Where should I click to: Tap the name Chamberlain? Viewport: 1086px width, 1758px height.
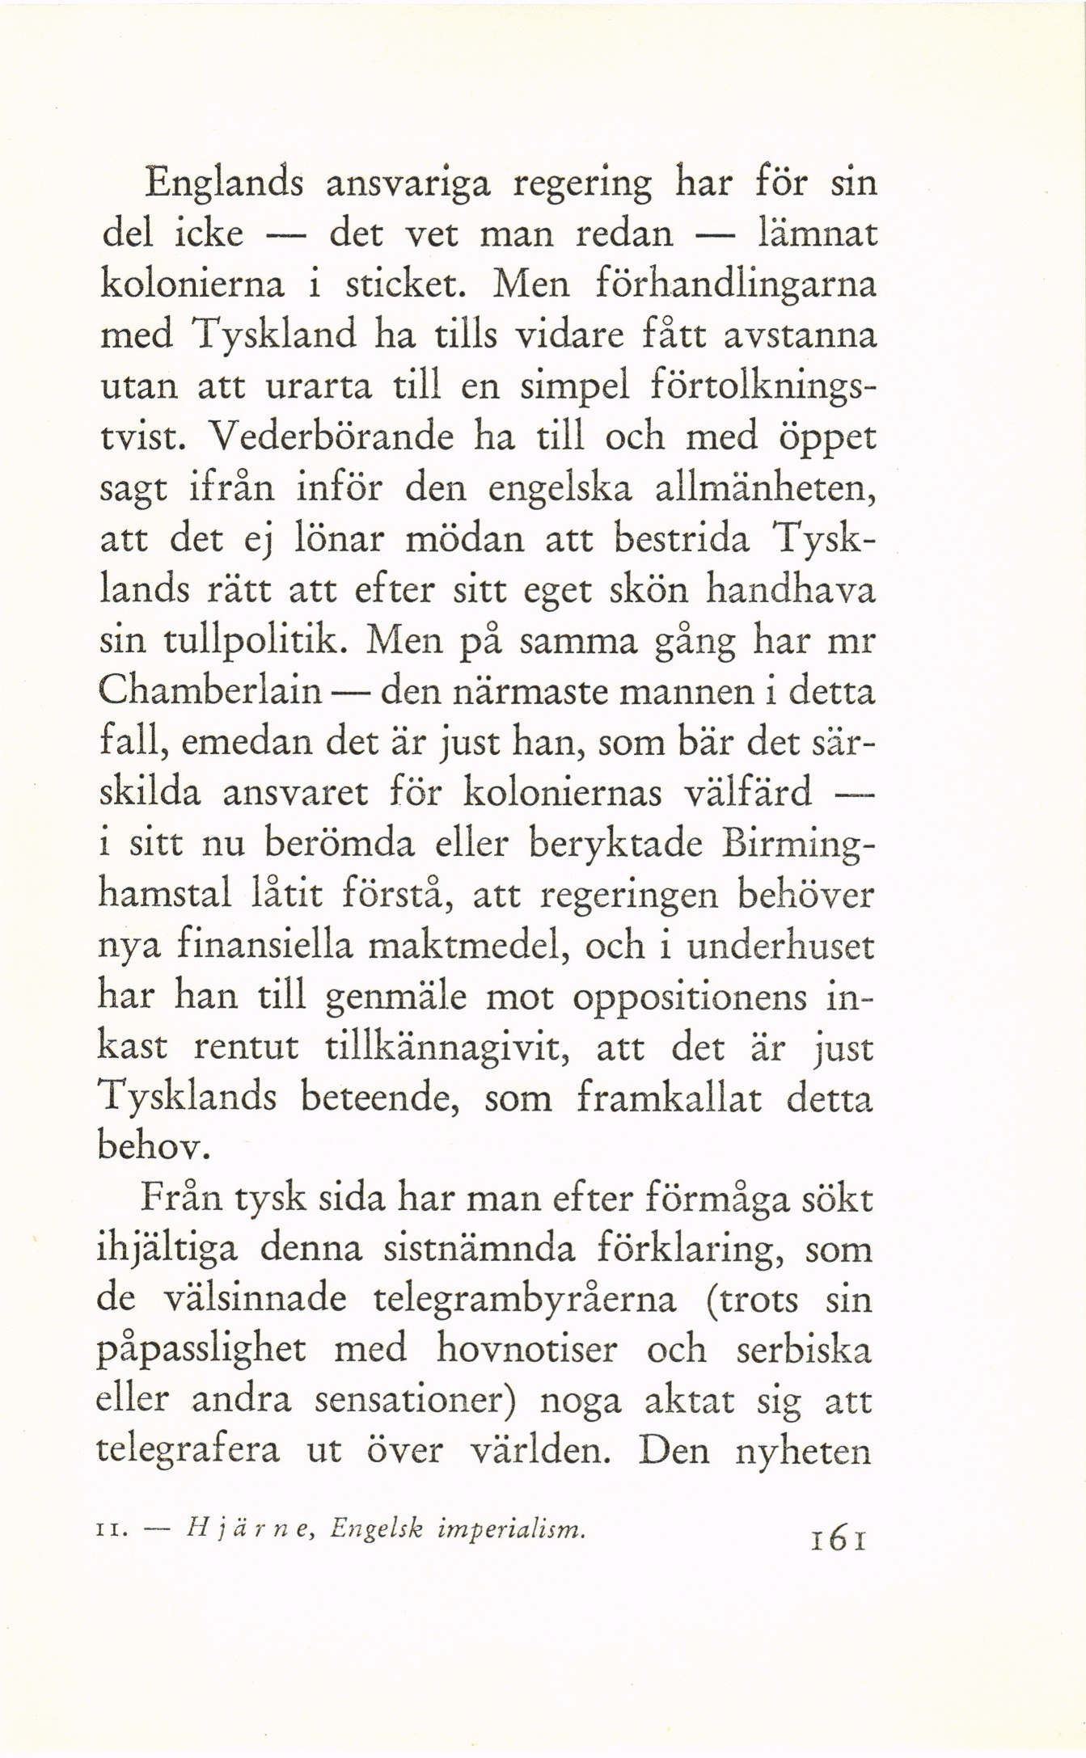pyautogui.click(x=209, y=694)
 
